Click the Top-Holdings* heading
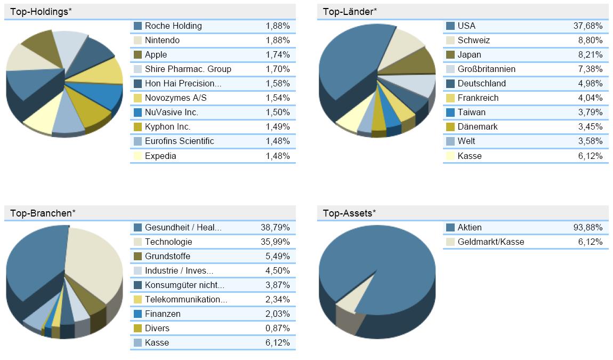(40, 12)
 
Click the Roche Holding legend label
(173, 26)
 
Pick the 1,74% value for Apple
(277, 54)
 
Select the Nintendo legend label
(162, 40)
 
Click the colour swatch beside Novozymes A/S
(138, 98)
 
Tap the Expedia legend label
(160, 156)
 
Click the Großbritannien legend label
(486, 69)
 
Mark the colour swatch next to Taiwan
(450, 112)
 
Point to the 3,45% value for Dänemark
(590, 126)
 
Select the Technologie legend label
(168, 242)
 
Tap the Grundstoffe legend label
(167, 256)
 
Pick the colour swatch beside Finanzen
(138, 314)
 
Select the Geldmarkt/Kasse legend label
(490, 242)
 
